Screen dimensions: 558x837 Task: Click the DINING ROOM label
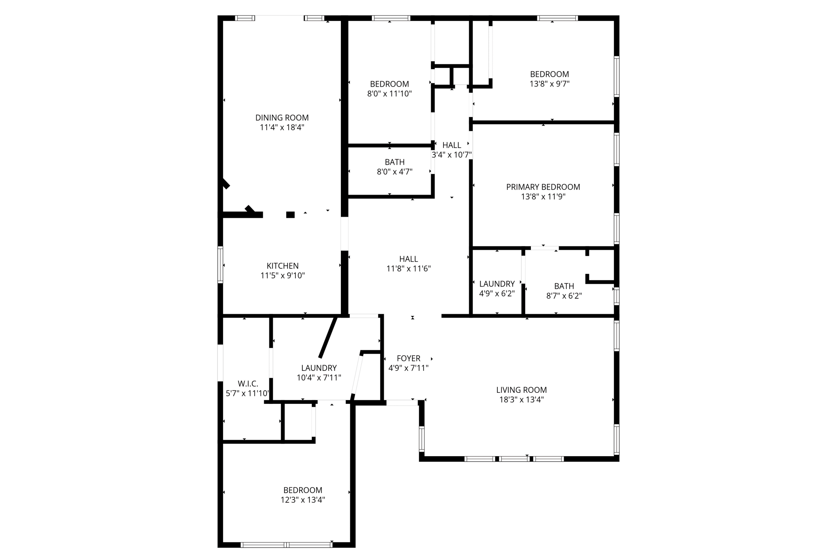tap(282, 118)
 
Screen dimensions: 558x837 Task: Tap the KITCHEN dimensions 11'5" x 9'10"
tap(282, 276)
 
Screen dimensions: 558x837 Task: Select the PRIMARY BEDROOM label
tap(543, 187)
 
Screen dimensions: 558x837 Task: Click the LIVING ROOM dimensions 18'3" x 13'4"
tap(521, 400)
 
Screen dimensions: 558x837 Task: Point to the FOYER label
tap(408, 359)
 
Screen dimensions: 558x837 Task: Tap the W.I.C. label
tap(248, 384)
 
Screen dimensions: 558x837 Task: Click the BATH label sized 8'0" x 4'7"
tap(394, 162)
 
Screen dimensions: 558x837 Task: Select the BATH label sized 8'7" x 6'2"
tap(564, 286)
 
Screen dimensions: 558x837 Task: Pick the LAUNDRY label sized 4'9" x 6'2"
tap(497, 284)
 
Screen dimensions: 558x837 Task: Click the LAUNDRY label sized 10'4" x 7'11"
tap(319, 368)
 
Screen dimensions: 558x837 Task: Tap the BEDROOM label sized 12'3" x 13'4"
tap(302, 490)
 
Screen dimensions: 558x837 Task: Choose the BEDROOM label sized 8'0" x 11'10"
tap(389, 84)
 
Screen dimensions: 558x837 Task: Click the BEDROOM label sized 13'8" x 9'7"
tap(549, 74)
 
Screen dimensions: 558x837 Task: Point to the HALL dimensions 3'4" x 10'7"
tap(452, 155)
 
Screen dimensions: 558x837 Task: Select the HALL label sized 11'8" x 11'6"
tap(408, 259)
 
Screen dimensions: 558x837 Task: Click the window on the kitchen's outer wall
tap(220, 264)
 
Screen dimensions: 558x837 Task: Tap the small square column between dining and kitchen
tap(290, 215)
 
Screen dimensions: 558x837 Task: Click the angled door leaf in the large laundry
tap(328, 337)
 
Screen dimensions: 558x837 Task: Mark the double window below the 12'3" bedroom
tap(286, 545)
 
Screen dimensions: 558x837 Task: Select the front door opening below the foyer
tap(402, 403)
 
